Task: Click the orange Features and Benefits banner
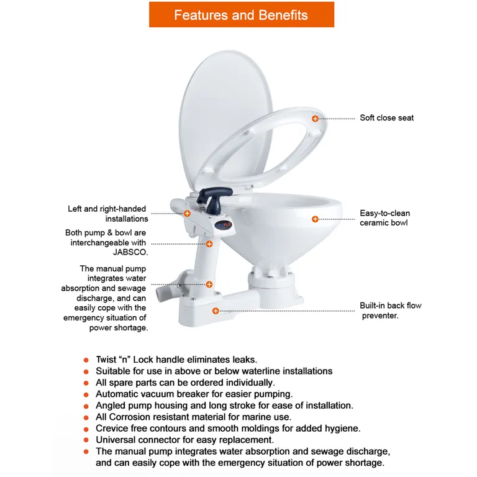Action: pyautogui.click(x=241, y=15)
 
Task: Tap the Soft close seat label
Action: pyautogui.click(x=386, y=118)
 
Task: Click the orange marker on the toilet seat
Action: pyautogui.click(x=315, y=118)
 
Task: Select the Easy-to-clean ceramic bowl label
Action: pyautogui.click(x=384, y=218)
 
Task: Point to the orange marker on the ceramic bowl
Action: pyautogui.click(x=315, y=219)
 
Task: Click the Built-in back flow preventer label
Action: pyautogui.click(x=390, y=311)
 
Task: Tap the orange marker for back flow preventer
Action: pyautogui.click(x=216, y=311)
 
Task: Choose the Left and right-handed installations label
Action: pyautogui.click(x=108, y=214)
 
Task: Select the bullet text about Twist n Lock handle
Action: pyautogui.click(x=176, y=360)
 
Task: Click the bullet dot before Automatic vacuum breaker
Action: pyautogui.click(x=86, y=394)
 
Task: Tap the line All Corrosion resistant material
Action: pyautogui.click(x=193, y=417)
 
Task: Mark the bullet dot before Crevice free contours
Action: pyautogui.click(x=86, y=429)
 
